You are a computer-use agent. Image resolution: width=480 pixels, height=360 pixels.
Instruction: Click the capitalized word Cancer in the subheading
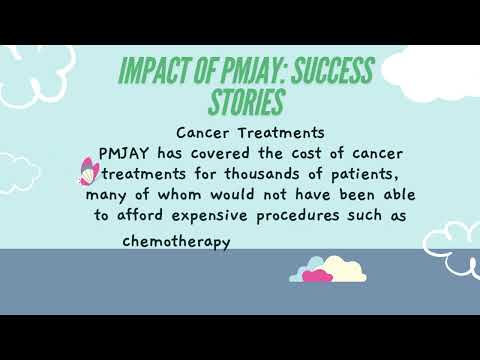click(201, 132)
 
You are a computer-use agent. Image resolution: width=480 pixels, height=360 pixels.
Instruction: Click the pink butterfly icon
click(104, 172)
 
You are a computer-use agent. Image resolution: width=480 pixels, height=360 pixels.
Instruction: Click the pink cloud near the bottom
click(317, 275)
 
